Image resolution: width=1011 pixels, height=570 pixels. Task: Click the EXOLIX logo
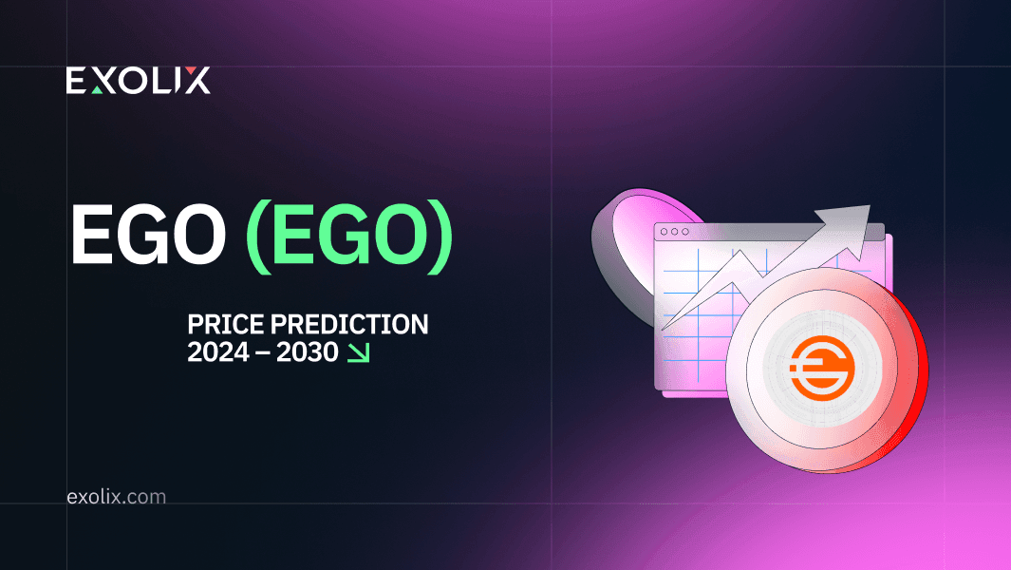138,80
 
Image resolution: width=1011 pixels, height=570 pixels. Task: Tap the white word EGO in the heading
148,234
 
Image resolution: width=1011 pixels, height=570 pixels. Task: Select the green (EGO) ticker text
349,236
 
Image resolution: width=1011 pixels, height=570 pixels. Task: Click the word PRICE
226,324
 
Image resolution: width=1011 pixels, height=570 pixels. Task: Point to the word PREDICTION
349,324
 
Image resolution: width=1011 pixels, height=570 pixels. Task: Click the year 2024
218,351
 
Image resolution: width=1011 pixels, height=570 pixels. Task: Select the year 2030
308,351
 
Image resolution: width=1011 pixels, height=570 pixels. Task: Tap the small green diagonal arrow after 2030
359,352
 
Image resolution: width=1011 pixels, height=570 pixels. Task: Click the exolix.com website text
117,497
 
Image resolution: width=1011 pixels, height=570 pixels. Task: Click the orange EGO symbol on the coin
822,368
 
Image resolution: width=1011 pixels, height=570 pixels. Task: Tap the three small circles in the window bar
674,232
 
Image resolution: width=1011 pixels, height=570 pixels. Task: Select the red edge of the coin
914,381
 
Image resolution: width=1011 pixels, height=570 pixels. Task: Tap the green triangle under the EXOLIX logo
98,89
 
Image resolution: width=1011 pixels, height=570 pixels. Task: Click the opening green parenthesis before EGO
259,237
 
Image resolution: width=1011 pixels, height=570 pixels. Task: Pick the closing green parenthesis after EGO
440,237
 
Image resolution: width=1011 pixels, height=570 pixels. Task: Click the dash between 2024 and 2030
262,353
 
